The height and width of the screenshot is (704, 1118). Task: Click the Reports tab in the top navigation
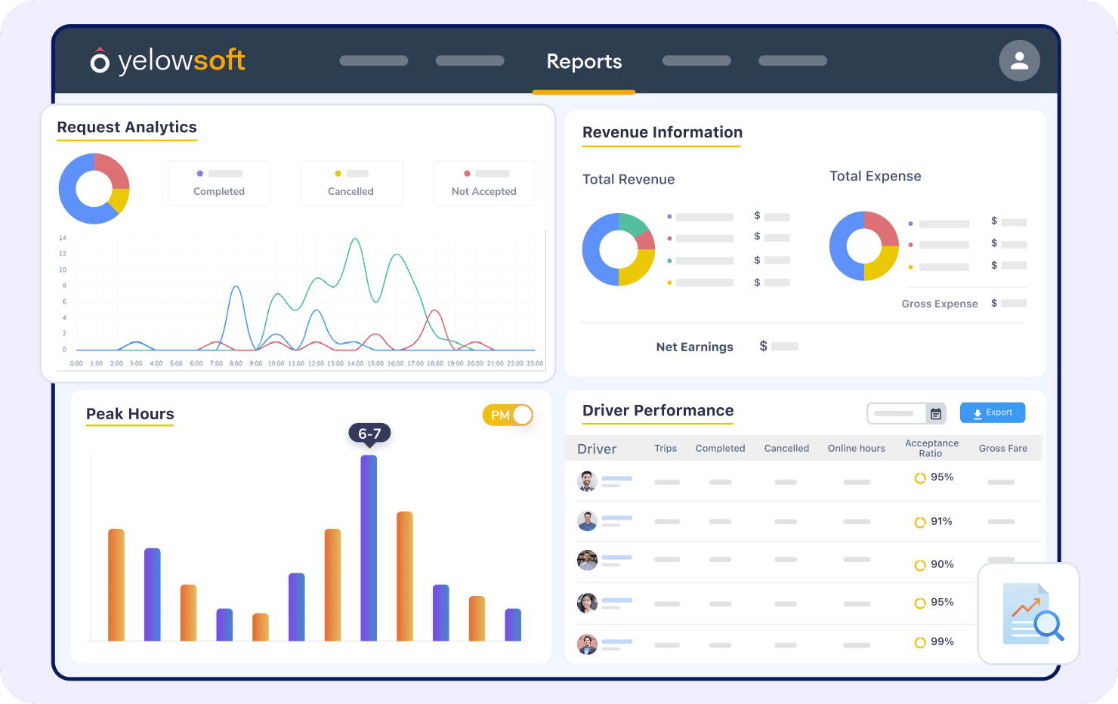(584, 61)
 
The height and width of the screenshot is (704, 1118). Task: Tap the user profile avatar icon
(1019, 60)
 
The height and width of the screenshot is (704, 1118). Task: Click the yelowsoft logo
(168, 60)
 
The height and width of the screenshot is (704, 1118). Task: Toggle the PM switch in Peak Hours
(508, 415)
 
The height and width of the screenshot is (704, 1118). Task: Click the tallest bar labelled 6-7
(369, 547)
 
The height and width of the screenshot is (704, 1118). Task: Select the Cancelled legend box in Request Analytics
(351, 184)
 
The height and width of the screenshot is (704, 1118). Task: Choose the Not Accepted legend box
(484, 184)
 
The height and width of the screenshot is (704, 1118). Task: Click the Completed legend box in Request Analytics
(219, 184)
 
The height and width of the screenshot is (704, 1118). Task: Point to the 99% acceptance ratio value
(941, 642)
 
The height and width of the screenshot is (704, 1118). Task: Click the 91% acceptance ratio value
(940, 522)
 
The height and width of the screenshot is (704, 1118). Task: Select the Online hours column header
(856, 449)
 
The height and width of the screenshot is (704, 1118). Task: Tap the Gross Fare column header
(1002, 449)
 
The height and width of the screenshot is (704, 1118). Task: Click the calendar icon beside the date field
(936, 414)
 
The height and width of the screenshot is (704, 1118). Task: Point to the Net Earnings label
(694, 347)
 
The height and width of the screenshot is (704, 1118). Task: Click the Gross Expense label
(939, 304)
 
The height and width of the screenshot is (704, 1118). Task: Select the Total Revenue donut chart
(619, 249)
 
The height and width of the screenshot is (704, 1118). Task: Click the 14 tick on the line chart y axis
(63, 238)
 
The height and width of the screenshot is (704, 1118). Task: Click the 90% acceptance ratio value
(941, 565)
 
